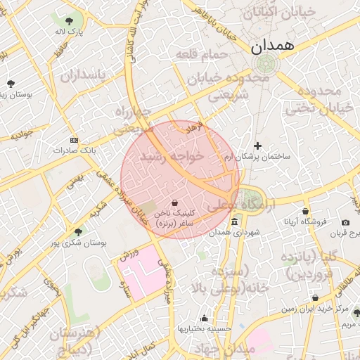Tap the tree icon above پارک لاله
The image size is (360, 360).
pyautogui.click(x=70, y=21)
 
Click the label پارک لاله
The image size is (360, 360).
pyautogui.click(x=70, y=32)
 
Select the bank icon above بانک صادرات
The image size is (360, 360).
pyautogui.click(x=75, y=141)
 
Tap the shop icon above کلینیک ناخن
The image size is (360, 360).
pyautogui.click(x=174, y=202)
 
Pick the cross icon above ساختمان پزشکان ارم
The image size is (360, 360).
pyautogui.click(x=258, y=146)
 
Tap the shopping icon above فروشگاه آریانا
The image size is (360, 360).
pyautogui.click(x=305, y=211)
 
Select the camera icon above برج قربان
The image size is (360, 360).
pyautogui.click(x=345, y=223)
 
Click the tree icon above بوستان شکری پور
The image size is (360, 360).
pyautogui.click(x=78, y=232)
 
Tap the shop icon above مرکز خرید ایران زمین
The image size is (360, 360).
pyautogui.click(x=315, y=298)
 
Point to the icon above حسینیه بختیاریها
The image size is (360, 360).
pyautogui.click(x=205, y=318)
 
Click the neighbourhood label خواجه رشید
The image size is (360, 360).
pyautogui.click(x=172, y=157)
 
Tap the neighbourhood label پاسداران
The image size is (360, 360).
pyautogui.click(x=82, y=75)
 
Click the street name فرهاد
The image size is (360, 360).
pyautogui.click(x=193, y=129)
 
